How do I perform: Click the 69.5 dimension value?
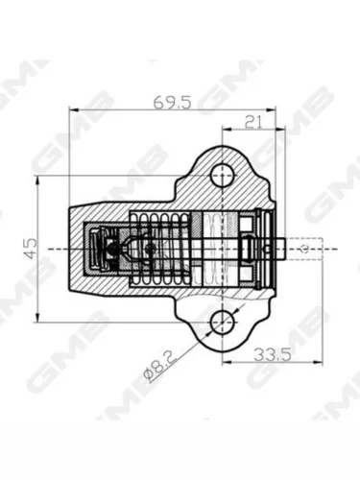172,103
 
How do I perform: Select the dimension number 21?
253,122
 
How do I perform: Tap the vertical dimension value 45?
31,249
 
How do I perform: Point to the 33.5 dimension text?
273,355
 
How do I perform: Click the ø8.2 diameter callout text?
160,366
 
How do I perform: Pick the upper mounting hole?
222,176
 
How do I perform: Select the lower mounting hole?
222,322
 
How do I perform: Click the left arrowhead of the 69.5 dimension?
74,109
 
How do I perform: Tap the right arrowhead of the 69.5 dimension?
271,109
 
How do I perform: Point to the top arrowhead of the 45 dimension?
37,180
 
